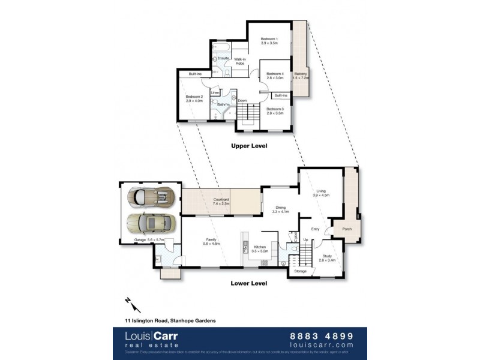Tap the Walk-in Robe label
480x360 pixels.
pos(242,61)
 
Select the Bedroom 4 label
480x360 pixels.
pos(275,75)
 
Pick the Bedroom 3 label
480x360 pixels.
pos(275,110)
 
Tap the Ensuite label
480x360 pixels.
pos(224,58)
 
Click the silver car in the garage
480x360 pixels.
pos(152,196)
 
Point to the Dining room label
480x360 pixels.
pos(280,209)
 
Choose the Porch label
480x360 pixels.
pos(347,229)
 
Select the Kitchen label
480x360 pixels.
pos(259,248)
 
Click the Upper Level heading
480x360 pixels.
pos(249,146)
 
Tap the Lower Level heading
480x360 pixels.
pos(248,283)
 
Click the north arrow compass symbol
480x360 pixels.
pos(128,302)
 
